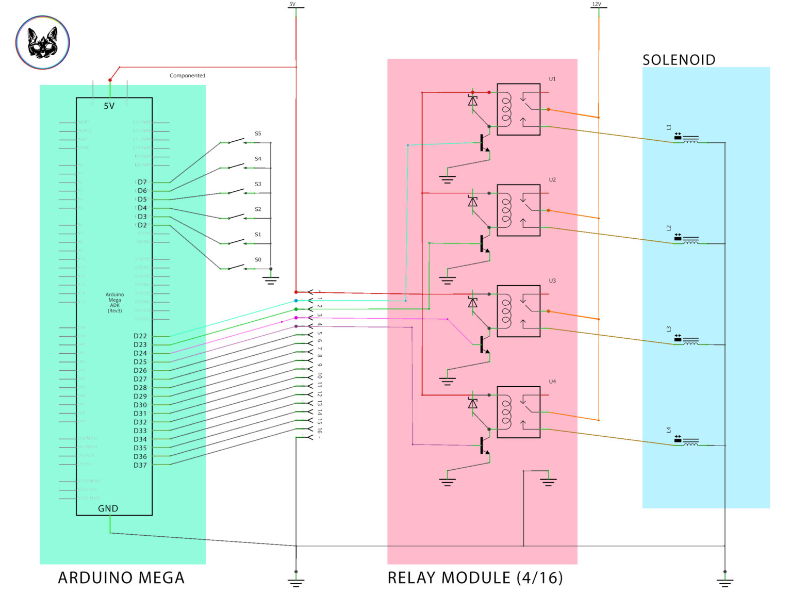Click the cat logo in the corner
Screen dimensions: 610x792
click(42, 42)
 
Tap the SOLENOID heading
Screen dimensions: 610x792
click(679, 60)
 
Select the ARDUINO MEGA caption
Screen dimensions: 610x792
click(121, 578)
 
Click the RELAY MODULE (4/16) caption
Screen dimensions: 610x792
click(475, 578)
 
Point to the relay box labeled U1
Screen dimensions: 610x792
click(518, 109)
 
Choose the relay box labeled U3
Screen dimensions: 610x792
click(518, 311)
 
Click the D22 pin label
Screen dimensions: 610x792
click(140, 336)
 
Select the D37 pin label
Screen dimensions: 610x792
click(140, 465)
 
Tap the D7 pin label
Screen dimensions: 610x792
click(142, 182)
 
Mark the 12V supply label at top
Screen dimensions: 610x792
click(597, 4)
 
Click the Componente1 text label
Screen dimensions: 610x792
click(188, 76)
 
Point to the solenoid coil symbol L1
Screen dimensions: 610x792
click(690, 139)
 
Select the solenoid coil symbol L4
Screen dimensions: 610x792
click(690, 442)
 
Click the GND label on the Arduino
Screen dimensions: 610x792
click(108, 508)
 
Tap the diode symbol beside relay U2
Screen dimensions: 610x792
click(472, 202)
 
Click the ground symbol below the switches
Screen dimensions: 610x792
click(271, 280)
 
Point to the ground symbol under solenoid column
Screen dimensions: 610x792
click(724, 582)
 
